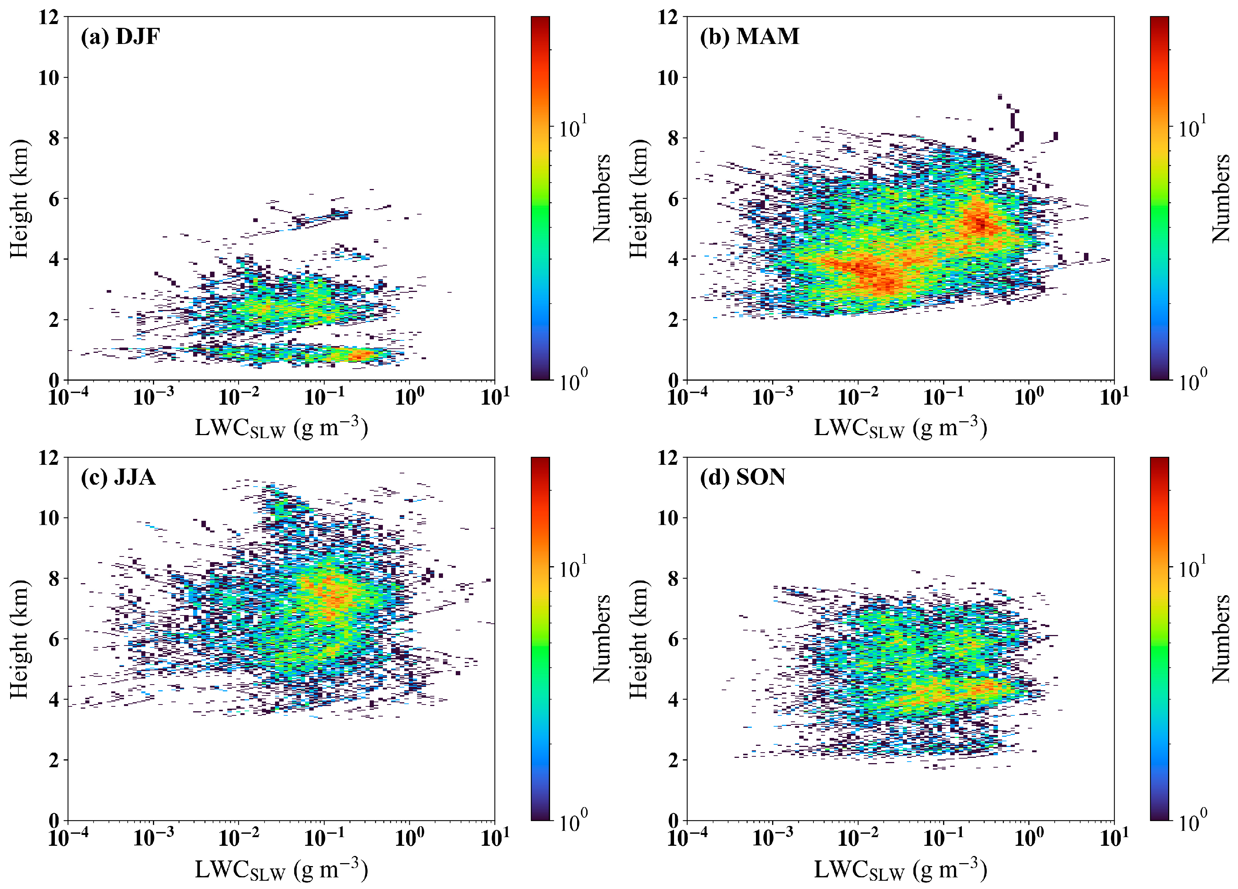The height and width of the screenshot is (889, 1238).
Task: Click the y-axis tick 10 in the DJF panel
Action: pyautogui.click(x=49, y=77)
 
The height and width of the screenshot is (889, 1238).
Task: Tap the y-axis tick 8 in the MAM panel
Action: pyautogui.click(x=673, y=138)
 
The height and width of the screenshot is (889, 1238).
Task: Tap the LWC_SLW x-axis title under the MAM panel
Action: pyautogui.click(x=901, y=428)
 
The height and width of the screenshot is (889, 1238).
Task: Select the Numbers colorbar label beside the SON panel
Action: pyautogui.click(x=1221, y=638)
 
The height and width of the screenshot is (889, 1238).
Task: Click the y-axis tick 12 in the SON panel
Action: pyautogui.click(x=668, y=457)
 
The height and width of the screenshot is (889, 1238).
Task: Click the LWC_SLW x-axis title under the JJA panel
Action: pyautogui.click(x=281, y=869)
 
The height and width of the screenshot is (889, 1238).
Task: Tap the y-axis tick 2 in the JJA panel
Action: pyautogui.click(x=53, y=760)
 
